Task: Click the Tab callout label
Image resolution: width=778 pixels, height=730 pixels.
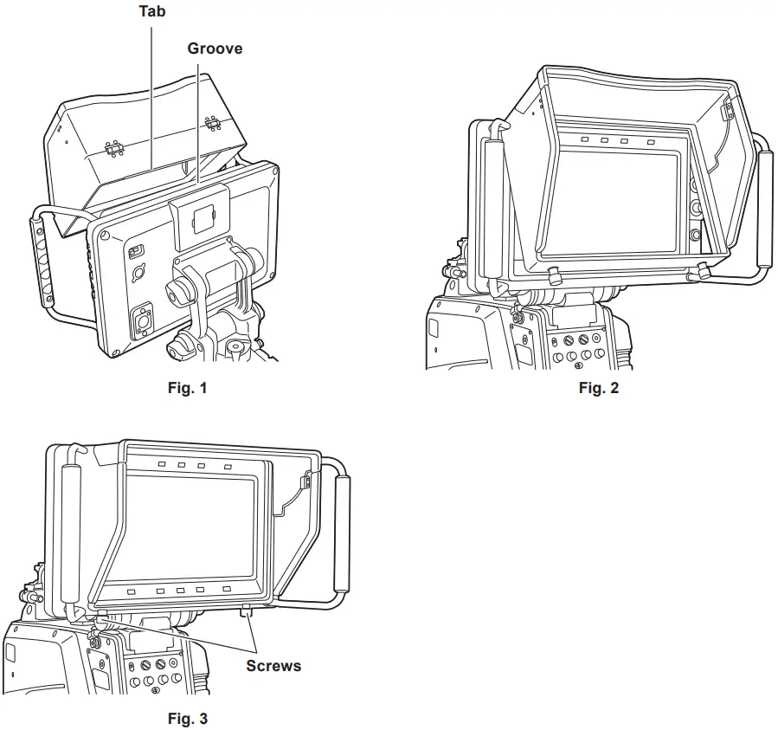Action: (x=152, y=12)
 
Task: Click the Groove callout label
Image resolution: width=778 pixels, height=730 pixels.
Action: (x=215, y=48)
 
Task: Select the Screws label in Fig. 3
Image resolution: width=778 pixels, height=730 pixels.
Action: (x=273, y=666)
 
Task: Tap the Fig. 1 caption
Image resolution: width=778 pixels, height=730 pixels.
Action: (x=187, y=388)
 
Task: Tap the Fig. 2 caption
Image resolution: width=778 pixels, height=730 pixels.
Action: (x=599, y=388)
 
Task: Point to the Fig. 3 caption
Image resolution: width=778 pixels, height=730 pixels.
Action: (x=187, y=718)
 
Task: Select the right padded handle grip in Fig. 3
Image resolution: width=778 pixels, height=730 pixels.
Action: (x=343, y=530)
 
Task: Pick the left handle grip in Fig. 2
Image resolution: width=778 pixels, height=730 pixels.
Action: (x=493, y=208)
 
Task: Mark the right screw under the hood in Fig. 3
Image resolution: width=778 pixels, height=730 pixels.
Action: (x=248, y=613)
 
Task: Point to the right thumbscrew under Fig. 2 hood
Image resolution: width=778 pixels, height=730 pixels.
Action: (x=702, y=273)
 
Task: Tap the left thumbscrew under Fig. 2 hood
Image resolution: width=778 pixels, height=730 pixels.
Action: (x=551, y=275)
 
